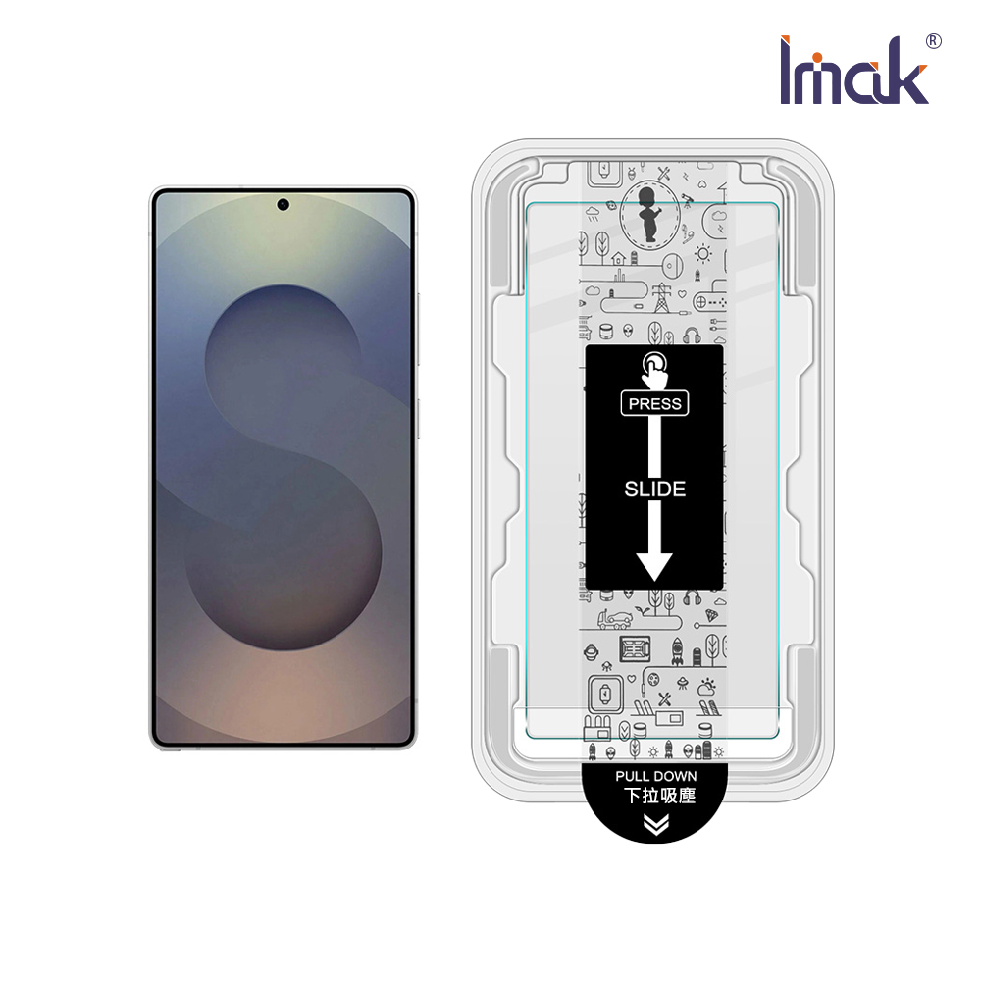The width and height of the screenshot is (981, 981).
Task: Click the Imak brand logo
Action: [x=853, y=71]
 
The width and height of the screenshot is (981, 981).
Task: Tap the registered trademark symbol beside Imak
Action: [x=933, y=41]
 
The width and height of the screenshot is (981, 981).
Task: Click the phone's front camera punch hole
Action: [x=283, y=205]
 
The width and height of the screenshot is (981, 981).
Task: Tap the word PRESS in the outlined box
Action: [x=654, y=403]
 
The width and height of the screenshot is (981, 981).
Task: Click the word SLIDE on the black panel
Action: [x=654, y=489]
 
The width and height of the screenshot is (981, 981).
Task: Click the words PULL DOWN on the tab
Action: [x=656, y=776]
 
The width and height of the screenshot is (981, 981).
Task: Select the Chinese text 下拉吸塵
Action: [x=656, y=796]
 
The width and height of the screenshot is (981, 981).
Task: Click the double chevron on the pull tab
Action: [x=656, y=826]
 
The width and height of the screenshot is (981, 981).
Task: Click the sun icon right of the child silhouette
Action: [x=702, y=254]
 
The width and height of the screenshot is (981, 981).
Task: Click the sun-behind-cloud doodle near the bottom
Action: [x=705, y=688]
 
